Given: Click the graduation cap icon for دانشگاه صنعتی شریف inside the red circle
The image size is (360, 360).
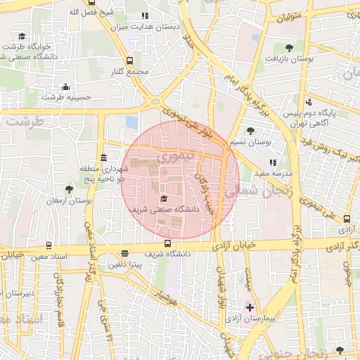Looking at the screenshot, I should (x=164, y=198).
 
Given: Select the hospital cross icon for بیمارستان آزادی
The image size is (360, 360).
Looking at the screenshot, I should (x=250, y=307).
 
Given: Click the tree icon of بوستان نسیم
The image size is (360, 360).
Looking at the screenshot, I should (x=250, y=131).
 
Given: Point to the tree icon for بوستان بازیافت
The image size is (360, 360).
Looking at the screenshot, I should (x=289, y=48).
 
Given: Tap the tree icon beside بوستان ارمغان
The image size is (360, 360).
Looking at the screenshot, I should (x=69, y=190).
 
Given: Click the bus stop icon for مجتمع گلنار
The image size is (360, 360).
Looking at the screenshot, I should (x=129, y=61).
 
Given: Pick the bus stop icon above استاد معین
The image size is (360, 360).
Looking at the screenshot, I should (x=49, y=245).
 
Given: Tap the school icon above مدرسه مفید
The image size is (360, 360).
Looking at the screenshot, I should (x=273, y=162).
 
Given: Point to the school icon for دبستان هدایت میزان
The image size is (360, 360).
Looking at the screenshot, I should (x=145, y=15).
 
